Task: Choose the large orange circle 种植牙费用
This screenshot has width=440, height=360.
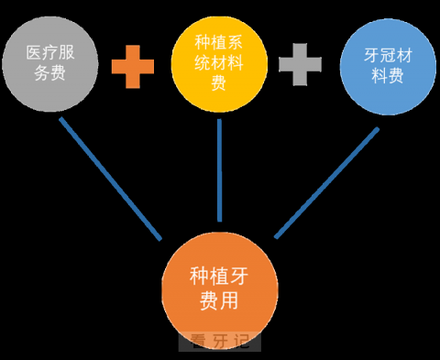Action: coord(220,286)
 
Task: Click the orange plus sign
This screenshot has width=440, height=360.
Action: coord(133,66)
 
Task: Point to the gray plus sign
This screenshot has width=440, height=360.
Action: coord(299,66)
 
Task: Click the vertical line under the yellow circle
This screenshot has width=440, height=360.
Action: coord(220,170)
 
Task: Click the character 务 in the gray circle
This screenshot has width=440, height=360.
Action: coord(42,73)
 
